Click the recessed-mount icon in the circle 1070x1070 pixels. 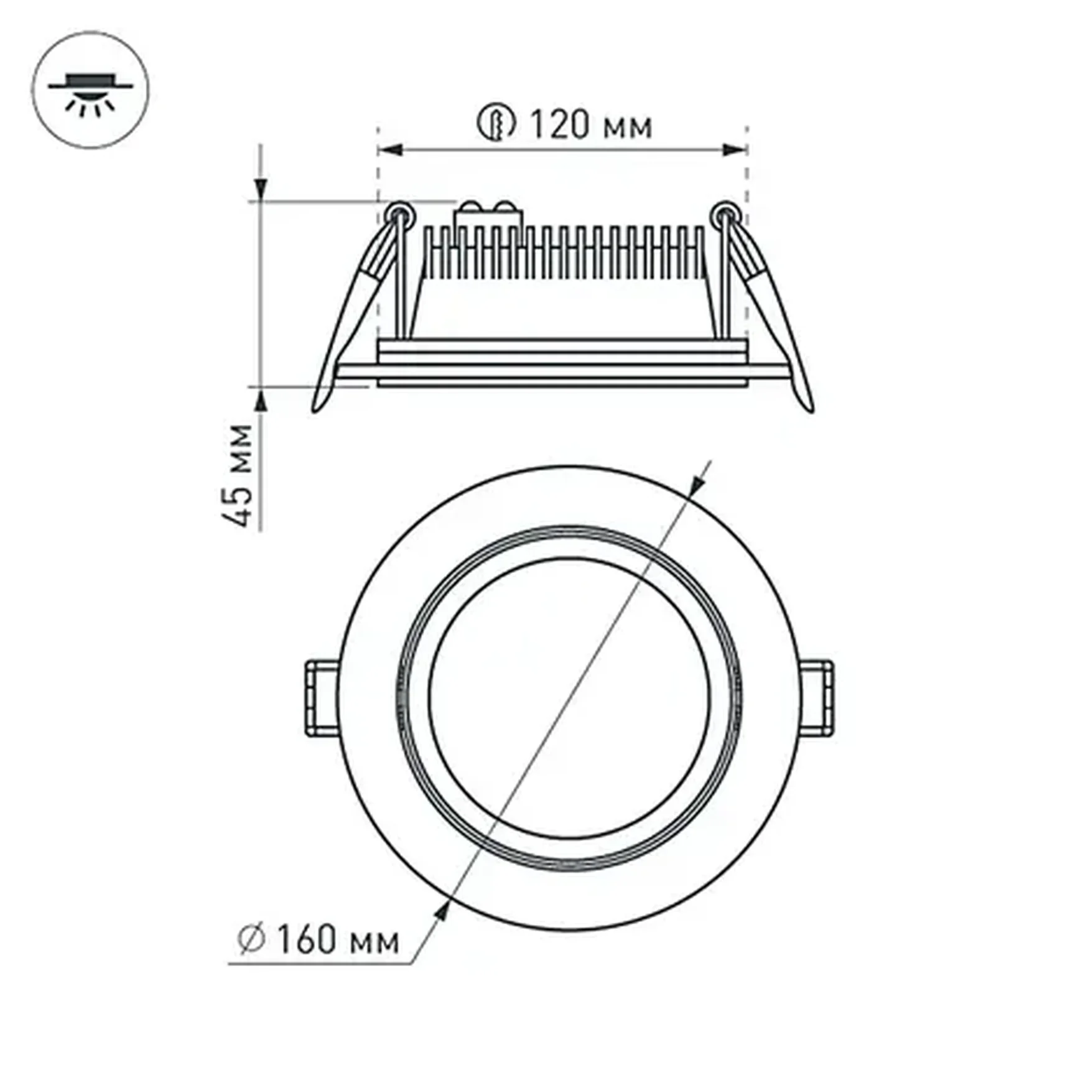click(90, 90)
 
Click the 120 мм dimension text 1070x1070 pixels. click(590, 125)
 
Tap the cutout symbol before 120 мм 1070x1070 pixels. click(496, 122)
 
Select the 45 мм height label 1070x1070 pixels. click(238, 475)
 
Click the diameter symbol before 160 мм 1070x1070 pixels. click(252, 939)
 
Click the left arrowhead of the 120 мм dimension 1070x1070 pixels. click(391, 150)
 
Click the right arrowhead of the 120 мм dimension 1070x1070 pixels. click(734, 150)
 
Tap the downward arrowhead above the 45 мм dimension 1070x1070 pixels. click(261, 189)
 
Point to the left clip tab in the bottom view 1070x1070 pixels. click(322, 698)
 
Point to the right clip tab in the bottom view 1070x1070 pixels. click(817, 698)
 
